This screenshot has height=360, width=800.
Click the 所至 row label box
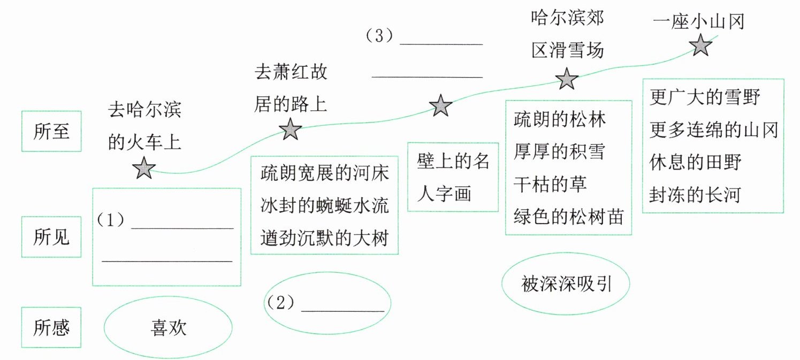click(51, 131)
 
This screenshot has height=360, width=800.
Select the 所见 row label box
click(51, 237)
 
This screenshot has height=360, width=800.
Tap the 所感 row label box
click(51, 327)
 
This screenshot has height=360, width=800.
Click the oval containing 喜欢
click(168, 327)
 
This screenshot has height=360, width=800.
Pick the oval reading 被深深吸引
click(566, 285)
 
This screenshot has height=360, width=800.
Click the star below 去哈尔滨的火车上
click(144, 168)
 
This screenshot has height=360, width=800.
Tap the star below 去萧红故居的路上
click(291, 129)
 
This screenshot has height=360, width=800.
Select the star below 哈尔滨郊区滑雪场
click(567, 80)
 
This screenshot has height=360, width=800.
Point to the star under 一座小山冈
click(700, 45)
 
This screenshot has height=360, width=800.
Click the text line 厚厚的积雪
click(559, 151)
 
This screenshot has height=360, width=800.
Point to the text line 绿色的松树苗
click(568, 217)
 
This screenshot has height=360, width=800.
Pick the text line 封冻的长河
click(695, 194)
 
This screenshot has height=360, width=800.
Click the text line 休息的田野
click(695, 162)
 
